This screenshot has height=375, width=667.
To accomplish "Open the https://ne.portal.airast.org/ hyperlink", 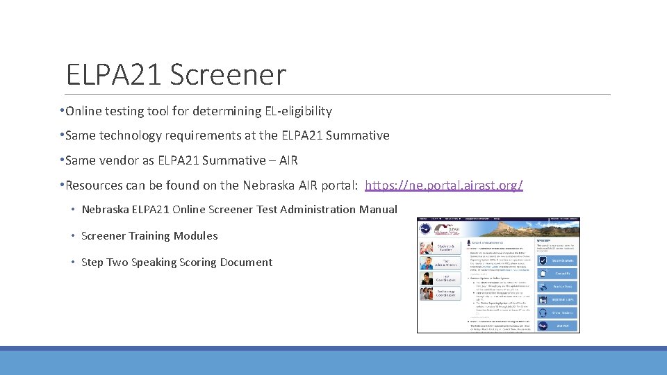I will pos(443,185).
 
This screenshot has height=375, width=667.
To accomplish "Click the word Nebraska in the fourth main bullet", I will pos(267,185).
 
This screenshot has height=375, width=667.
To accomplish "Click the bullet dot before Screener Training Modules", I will pos(74,236).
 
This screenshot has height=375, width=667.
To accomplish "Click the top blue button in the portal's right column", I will pos(557,260).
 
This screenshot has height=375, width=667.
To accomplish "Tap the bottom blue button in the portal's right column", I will pos(557,325).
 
